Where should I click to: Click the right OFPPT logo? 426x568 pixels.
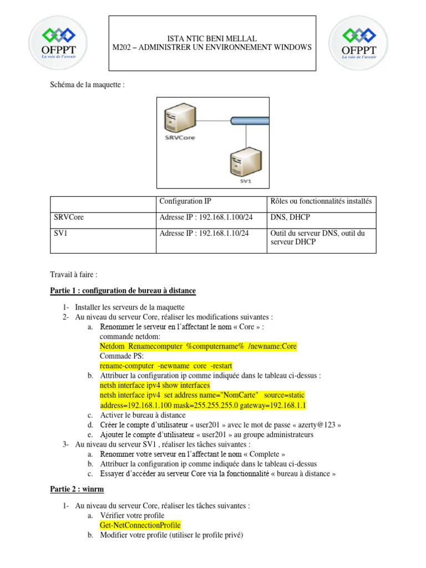pyautogui.click(x=357, y=43)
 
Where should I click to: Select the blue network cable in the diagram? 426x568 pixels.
pyautogui.click(x=250, y=120)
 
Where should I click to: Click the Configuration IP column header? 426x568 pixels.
pyautogui.click(x=185, y=201)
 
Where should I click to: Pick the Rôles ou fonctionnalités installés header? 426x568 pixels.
pyautogui.click(x=321, y=201)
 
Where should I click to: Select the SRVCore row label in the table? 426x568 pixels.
pyautogui.click(x=69, y=217)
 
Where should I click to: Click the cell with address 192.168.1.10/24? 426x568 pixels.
pyautogui.click(x=204, y=234)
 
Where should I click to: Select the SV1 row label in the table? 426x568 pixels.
pyautogui.click(x=60, y=234)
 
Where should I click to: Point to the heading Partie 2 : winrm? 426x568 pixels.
pyautogui.click(x=77, y=490)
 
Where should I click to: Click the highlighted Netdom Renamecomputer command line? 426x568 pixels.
pyautogui.click(x=198, y=347)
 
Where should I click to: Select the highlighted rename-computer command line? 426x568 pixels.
pyautogui.click(x=166, y=366)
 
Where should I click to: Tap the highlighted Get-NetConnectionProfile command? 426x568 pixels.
pyautogui.click(x=140, y=525)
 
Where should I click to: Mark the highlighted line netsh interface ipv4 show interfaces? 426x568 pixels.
pyautogui.click(x=155, y=386)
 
